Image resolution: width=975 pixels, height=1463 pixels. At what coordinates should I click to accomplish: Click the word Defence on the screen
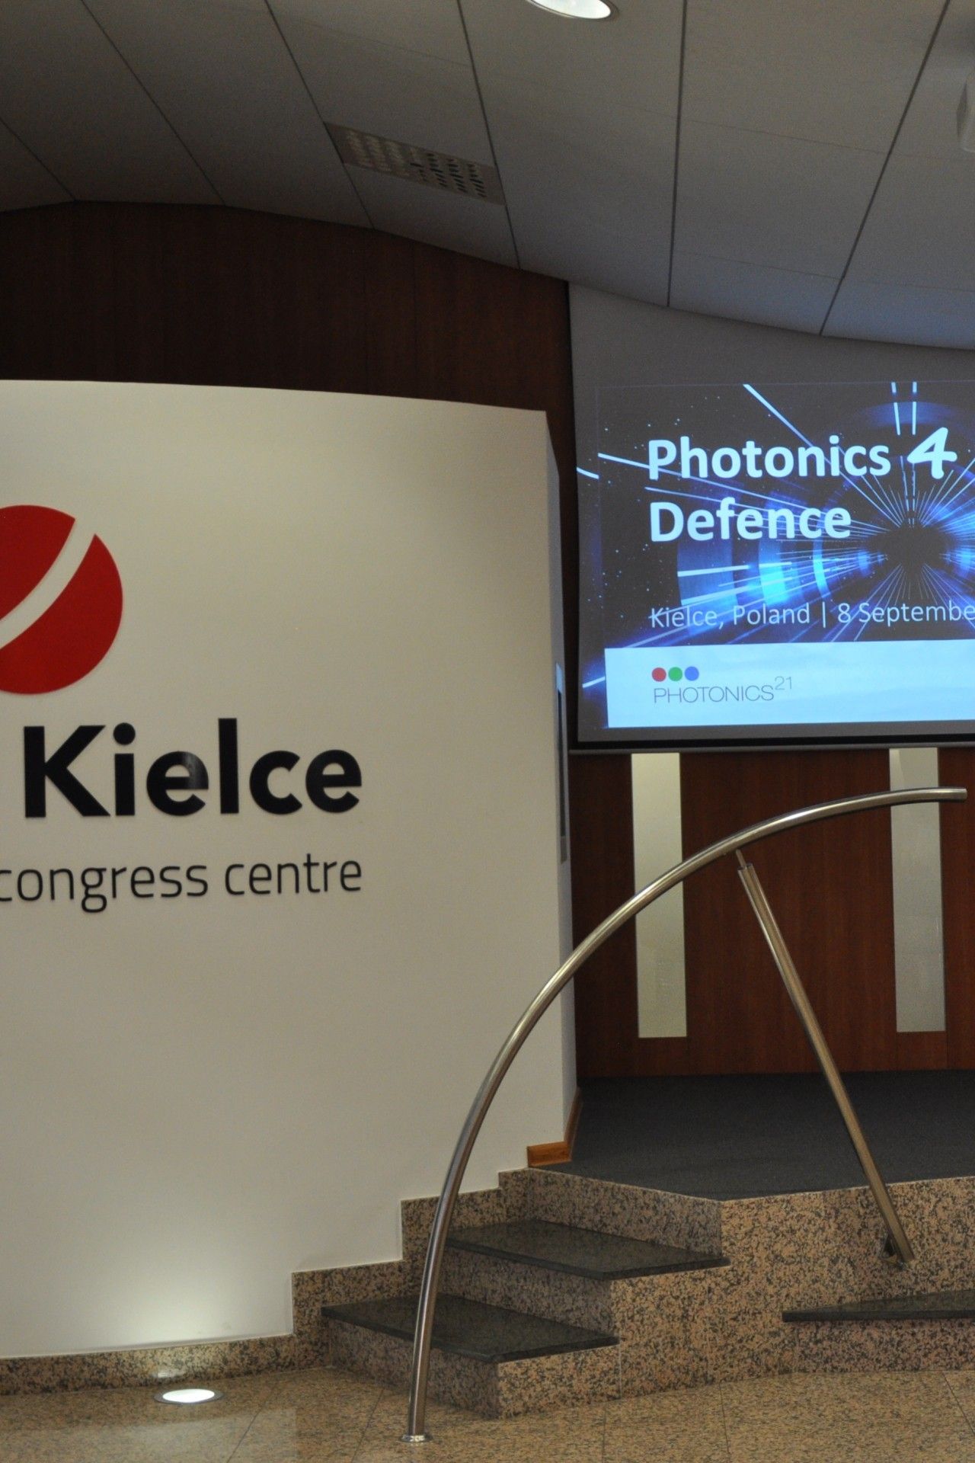point(751,520)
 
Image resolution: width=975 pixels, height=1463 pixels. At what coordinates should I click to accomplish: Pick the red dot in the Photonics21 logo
point(660,673)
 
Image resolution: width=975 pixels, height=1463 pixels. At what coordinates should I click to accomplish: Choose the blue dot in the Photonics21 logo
point(691,673)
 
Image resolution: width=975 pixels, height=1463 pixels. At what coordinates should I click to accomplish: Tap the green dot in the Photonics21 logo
point(676,673)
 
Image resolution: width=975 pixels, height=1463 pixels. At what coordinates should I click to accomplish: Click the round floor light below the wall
point(186,1394)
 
